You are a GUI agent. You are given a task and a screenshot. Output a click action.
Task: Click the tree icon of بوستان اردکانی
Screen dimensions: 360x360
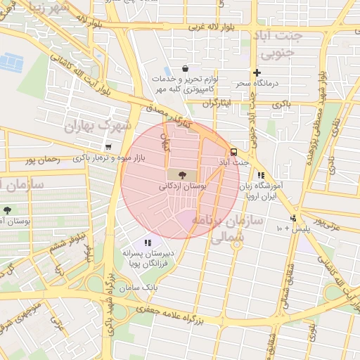tap(182, 174)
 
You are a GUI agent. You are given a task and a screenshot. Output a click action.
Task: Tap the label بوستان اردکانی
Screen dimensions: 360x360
tap(184, 186)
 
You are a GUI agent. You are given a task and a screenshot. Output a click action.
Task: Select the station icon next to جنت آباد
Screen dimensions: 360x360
tap(233, 151)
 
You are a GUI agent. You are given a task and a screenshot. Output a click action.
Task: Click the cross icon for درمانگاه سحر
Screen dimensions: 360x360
tap(257, 72)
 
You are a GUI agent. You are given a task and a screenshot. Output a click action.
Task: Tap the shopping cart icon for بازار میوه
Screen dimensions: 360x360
tap(108, 148)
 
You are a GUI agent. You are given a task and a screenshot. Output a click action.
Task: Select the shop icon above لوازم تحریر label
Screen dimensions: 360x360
tap(184, 69)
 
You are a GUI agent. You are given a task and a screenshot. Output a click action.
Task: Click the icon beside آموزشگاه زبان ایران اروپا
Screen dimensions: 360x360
tap(261, 176)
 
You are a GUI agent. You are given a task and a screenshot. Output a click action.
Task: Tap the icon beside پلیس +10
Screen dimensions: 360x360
tap(293, 217)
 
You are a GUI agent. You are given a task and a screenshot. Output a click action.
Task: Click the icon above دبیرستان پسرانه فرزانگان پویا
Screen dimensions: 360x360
tap(147, 242)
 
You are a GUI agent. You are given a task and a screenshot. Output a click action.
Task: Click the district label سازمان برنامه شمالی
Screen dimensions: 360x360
tap(236, 229)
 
